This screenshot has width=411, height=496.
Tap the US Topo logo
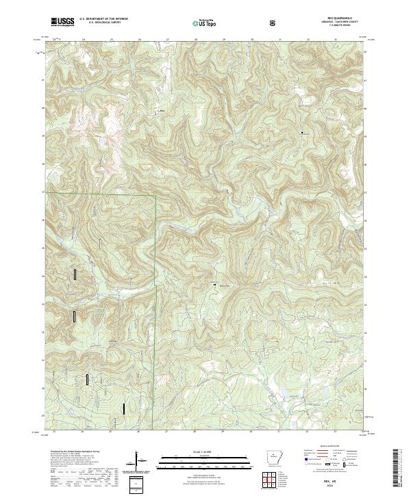206,22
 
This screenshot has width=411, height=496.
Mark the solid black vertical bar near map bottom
123,408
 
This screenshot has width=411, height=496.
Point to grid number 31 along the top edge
280,40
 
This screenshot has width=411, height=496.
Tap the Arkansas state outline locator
272,458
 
